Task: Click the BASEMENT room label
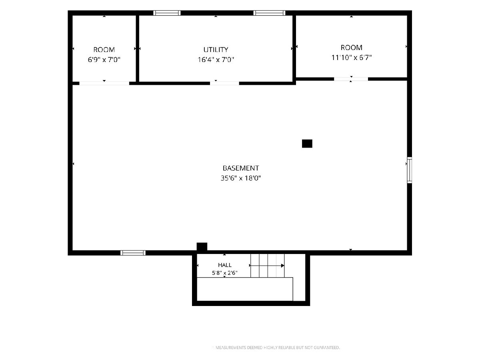tap(240, 168)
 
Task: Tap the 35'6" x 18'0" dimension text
tap(240, 178)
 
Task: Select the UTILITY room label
tap(216, 50)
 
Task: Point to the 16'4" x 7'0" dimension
tap(216, 60)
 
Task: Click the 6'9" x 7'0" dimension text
tap(104, 60)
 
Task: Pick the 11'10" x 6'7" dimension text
tap(352, 58)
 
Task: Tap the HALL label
tap(224, 265)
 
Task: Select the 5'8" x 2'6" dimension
tap(224, 273)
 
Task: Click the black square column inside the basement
tap(307, 144)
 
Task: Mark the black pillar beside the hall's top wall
tap(202, 247)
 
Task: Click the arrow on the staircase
tap(267, 266)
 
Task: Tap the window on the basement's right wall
tap(410, 170)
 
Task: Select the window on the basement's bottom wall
tap(133, 253)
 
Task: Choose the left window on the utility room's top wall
tap(167, 13)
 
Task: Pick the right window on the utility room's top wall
tap(270, 13)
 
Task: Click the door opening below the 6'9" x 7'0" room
tap(104, 83)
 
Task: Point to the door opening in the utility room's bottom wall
tap(224, 83)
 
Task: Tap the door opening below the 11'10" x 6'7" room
tap(351, 79)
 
